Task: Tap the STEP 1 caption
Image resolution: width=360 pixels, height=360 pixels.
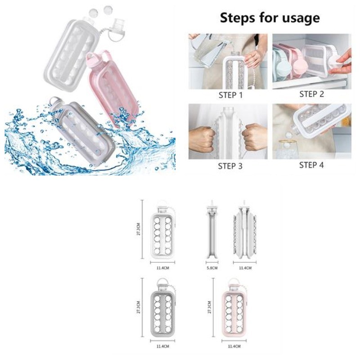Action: (230, 95)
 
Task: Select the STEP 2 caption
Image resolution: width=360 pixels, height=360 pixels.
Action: (311, 94)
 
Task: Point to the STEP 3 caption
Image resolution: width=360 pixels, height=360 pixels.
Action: (230, 166)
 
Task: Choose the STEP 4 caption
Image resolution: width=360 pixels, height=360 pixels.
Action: (311, 165)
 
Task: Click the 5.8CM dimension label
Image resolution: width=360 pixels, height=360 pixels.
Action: (212, 268)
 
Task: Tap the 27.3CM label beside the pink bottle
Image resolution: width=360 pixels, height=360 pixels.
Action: (209, 307)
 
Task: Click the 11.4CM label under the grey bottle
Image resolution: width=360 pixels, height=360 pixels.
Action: (163, 346)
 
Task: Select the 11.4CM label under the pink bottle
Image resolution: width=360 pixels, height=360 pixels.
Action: (234, 346)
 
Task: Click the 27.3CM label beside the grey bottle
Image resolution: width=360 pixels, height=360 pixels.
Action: (138, 307)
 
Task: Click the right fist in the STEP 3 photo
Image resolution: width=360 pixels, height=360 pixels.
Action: (254, 137)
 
